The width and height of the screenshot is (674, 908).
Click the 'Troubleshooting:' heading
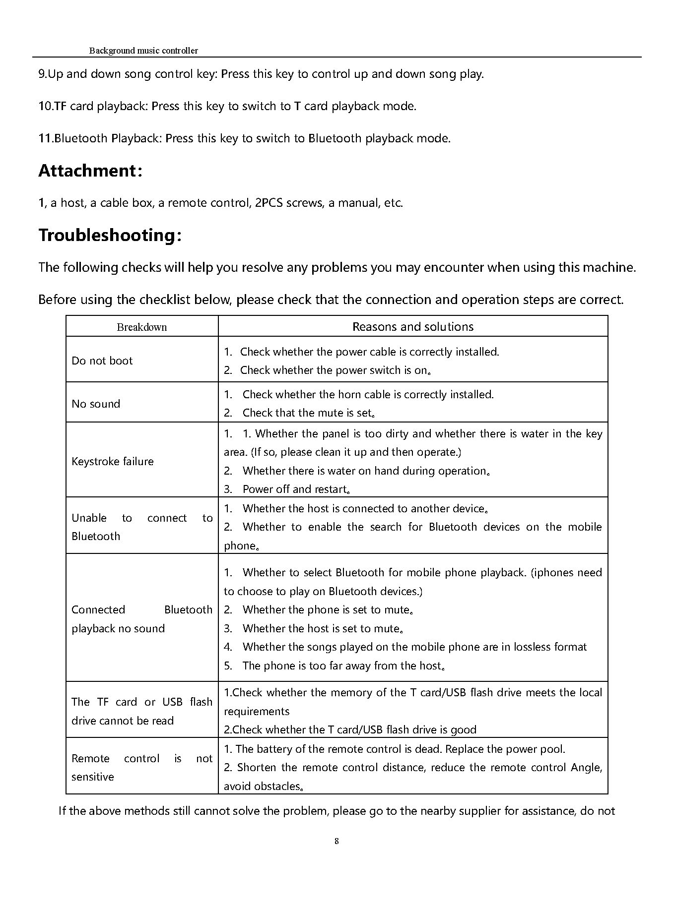(110, 235)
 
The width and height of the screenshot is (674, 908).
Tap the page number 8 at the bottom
(337, 841)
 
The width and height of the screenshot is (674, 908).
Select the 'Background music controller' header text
(143, 51)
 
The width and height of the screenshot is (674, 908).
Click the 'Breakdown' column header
(142, 327)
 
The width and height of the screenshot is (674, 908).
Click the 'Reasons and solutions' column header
(413, 327)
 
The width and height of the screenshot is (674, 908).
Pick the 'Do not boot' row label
(102, 361)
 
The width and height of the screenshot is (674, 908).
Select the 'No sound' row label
(96, 404)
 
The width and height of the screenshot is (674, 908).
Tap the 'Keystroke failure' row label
(113, 461)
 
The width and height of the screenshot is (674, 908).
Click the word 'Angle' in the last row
(585, 768)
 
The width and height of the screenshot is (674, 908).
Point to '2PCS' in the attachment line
(269, 203)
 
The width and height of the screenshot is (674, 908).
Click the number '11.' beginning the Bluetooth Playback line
(46, 138)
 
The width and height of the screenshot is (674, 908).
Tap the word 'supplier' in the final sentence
(479, 811)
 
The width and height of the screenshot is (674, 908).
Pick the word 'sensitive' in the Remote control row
(92, 777)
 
